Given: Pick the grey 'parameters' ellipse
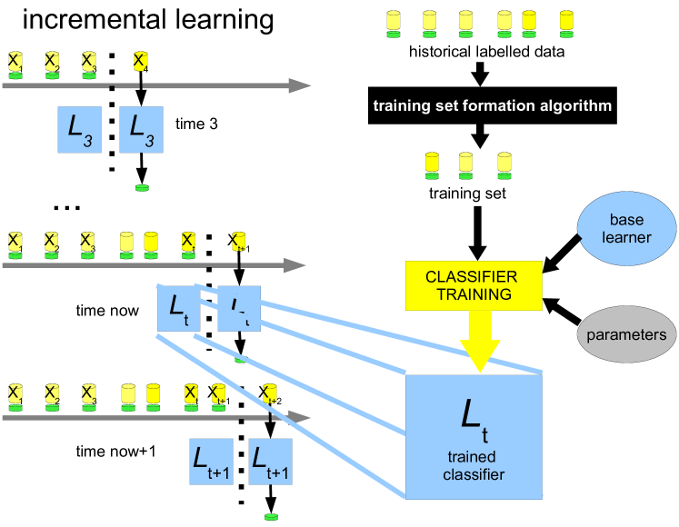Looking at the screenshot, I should (627, 334).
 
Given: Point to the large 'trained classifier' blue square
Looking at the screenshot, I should (473, 436).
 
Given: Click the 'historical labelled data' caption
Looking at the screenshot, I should (500, 52).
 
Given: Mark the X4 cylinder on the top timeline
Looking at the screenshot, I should (140, 63).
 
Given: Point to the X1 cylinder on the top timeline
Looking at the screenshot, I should (15, 63).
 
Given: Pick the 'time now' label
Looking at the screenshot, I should (107, 311).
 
